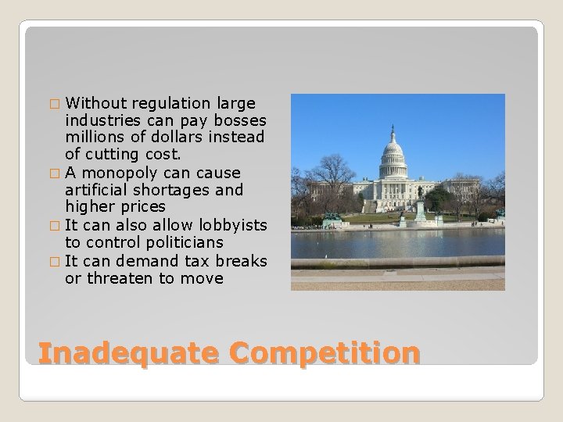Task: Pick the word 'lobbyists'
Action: pyautogui.click(x=234, y=225)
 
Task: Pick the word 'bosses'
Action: pyautogui.click(x=242, y=121)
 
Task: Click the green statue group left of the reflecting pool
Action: pyautogui.click(x=332, y=216)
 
